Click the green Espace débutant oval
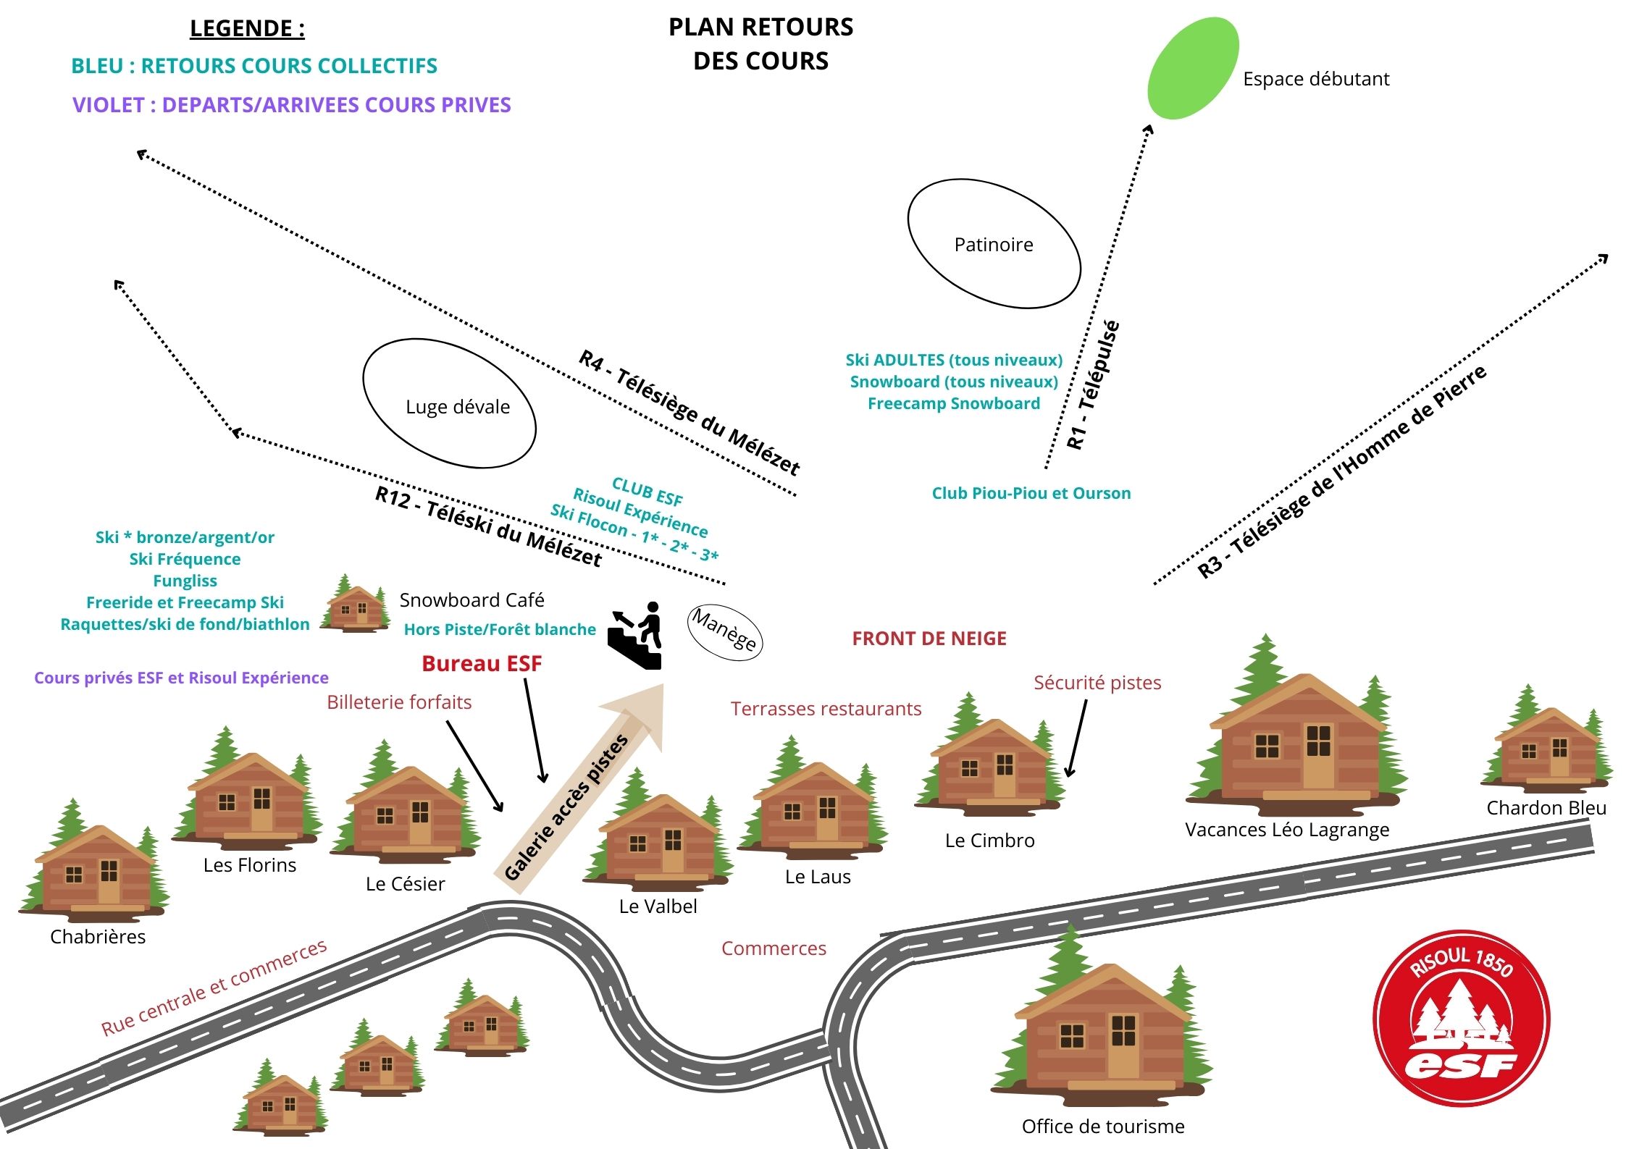tap(1193, 68)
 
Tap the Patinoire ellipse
tap(994, 244)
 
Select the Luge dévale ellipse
tap(449, 403)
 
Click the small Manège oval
tap(724, 631)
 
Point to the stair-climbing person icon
tap(637, 635)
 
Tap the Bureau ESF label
tap(482, 663)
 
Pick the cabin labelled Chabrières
tap(94, 869)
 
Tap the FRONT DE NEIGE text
tap(929, 639)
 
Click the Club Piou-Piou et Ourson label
tap(1031, 493)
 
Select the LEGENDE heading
tap(247, 28)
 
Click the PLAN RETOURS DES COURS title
tap(760, 43)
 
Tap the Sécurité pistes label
tap(1097, 683)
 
